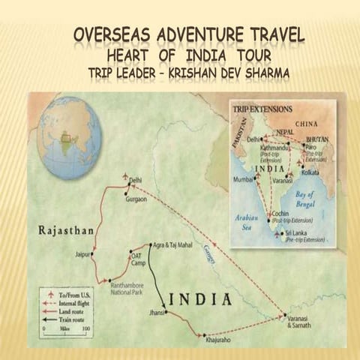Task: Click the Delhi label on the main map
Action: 136,181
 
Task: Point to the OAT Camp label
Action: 136,257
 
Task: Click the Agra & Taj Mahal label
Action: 172,244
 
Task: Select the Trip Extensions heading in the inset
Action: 260,109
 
